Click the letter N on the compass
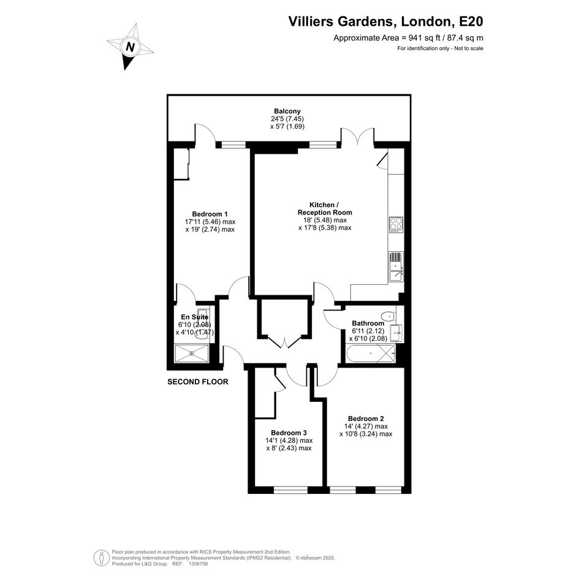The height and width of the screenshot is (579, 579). [x=130, y=47]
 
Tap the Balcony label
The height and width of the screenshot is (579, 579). [x=287, y=111]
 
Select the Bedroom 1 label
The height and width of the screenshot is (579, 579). [x=210, y=214]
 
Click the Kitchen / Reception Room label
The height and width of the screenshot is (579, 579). [x=325, y=209]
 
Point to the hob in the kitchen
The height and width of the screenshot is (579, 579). [x=396, y=225]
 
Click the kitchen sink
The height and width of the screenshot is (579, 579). [x=396, y=267]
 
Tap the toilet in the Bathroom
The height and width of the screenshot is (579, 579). [x=388, y=316]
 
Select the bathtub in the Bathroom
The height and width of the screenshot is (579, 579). [x=371, y=354]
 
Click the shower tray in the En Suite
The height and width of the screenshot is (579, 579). [x=192, y=353]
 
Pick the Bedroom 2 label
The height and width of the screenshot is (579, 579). [x=366, y=418]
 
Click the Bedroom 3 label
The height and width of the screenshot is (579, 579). [x=289, y=433]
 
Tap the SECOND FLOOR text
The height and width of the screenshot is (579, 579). [x=197, y=382]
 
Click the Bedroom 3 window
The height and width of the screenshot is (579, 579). [x=290, y=490]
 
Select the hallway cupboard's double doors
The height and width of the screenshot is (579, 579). [x=285, y=342]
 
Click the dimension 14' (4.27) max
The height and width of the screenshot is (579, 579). [x=366, y=426]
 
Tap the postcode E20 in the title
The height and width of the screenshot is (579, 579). [x=471, y=21]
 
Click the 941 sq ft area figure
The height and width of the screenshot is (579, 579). [x=425, y=37]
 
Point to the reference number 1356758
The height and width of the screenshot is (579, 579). [x=199, y=564]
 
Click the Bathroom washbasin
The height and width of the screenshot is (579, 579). [x=397, y=333]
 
